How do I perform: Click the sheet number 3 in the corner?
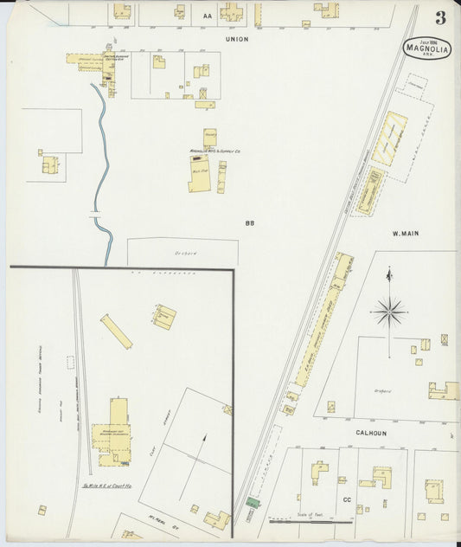click(441, 17)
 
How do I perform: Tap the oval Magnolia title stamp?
click(428, 47)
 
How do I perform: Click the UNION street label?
click(236, 39)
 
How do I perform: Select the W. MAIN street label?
click(405, 233)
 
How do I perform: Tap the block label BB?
click(249, 223)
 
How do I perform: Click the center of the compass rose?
click(390, 310)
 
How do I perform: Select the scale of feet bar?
click(298, 521)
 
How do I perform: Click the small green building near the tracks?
click(253, 502)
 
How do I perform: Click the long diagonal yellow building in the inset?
click(116, 331)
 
